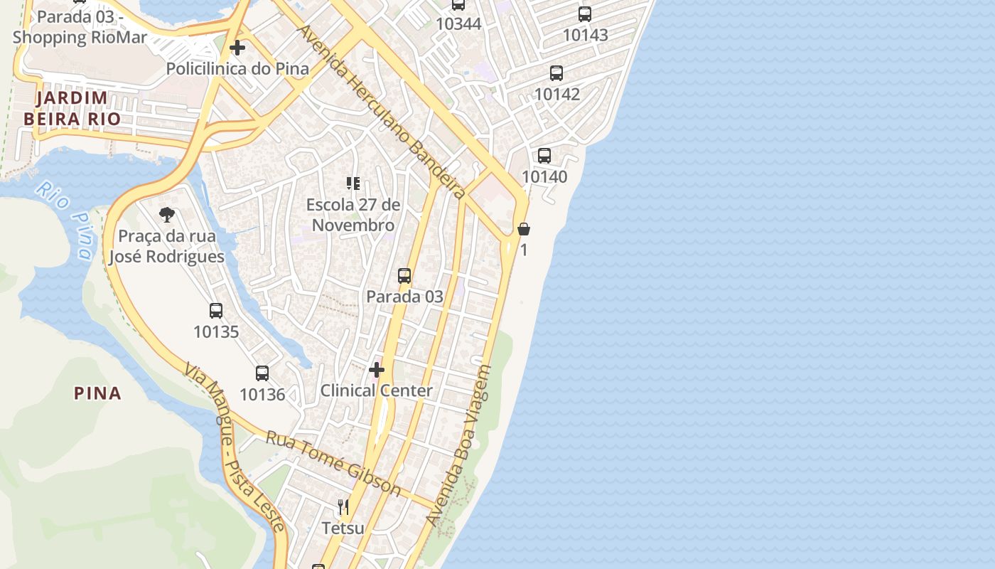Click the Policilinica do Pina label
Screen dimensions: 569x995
coord(237,69)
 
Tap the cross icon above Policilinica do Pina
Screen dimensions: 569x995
coord(237,48)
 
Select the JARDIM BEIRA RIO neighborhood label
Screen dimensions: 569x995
coord(72,108)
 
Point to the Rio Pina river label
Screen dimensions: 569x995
coord(65,220)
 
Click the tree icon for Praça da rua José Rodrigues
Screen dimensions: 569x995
coord(167,214)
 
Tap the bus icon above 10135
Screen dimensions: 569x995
coord(216,311)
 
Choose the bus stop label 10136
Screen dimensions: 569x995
coord(262,394)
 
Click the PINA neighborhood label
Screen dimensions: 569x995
coord(98,393)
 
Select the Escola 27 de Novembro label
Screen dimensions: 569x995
coord(353,215)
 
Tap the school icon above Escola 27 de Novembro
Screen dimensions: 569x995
coord(353,184)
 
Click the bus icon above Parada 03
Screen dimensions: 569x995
coord(404,275)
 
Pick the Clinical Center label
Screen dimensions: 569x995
coord(377,390)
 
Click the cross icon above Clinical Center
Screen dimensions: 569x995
coord(377,370)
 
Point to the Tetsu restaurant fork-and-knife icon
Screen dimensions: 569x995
coord(343,507)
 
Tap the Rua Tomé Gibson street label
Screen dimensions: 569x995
coord(333,462)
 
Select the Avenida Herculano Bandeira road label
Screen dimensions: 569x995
coord(381,112)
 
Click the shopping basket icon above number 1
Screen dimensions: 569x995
coord(524,229)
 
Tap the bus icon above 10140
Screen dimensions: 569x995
coord(544,156)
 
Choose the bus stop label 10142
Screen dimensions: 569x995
coord(557,94)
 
